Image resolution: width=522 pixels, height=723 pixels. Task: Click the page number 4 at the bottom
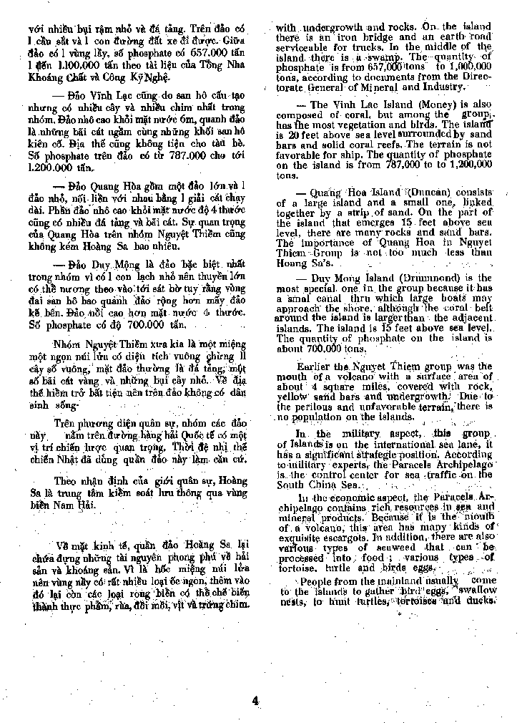(255, 700)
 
